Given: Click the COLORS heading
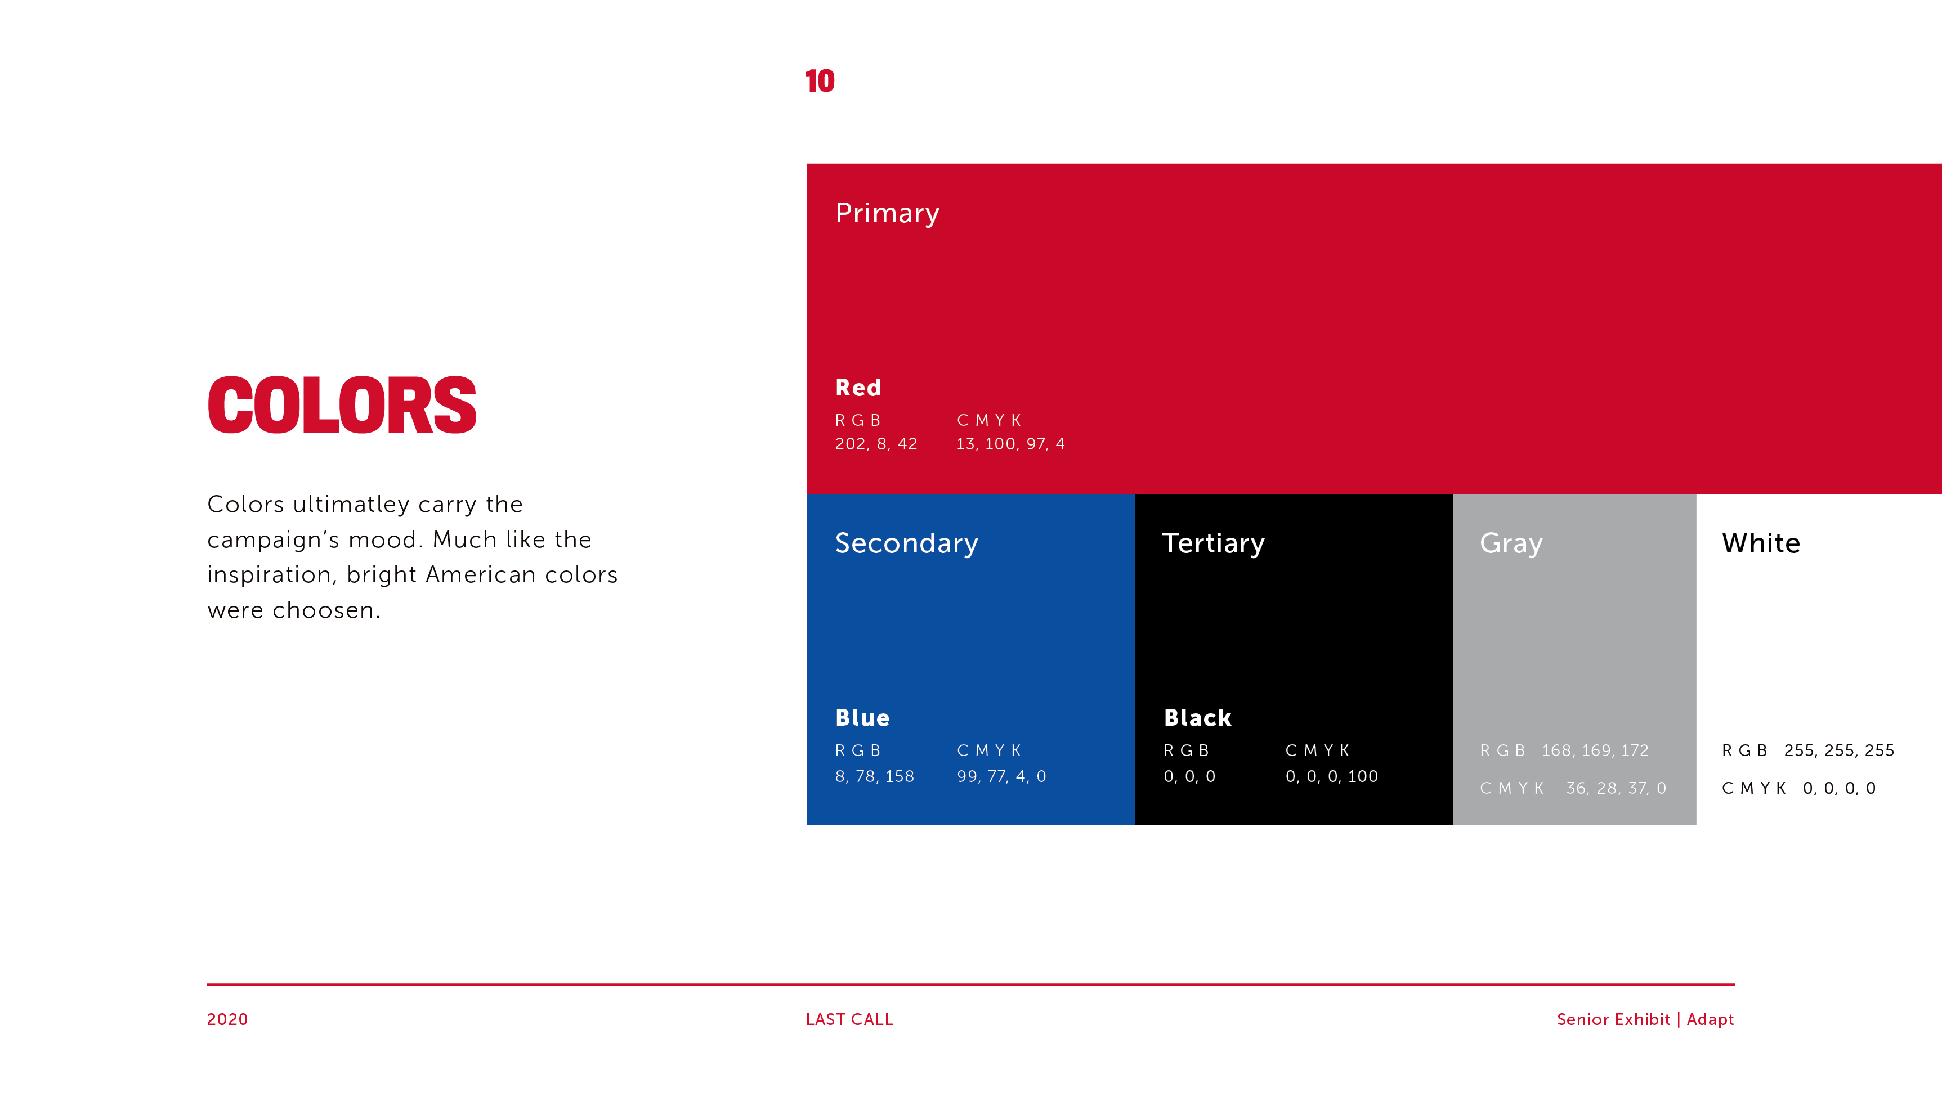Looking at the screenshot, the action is pyautogui.click(x=342, y=406).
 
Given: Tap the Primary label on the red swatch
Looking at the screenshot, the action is pyautogui.click(x=887, y=213).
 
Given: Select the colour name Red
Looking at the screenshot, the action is pyautogui.click(x=858, y=387).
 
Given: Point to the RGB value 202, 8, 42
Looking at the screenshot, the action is pyautogui.click(x=876, y=444).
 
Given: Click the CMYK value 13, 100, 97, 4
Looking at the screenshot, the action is pyautogui.click(x=1011, y=444).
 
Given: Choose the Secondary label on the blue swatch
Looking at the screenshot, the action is pyautogui.click(x=906, y=543).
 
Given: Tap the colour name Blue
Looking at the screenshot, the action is pyautogui.click(x=862, y=717).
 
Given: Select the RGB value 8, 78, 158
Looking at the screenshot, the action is pyautogui.click(x=875, y=776).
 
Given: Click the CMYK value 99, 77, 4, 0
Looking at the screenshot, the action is pyautogui.click(x=1001, y=776).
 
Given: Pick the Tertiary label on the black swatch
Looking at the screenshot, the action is pyautogui.click(x=1213, y=543).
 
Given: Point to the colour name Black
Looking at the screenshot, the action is pyautogui.click(x=1197, y=717).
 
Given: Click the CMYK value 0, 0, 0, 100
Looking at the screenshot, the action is pyautogui.click(x=1331, y=776).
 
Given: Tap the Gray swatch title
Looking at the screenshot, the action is pyautogui.click(x=1511, y=543).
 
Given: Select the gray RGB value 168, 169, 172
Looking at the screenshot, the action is pyautogui.click(x=1595, y=750).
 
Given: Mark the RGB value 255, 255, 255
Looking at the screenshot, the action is pyautogui.click(x=1839, y=750).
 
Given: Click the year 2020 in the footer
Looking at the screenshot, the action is pyautogui.click(x=227, y=1019).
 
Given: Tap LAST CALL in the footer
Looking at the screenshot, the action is pyautogui.click(x=849, y=1019).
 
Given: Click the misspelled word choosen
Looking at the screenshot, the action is pyautogui.click(x=326, y=610).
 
